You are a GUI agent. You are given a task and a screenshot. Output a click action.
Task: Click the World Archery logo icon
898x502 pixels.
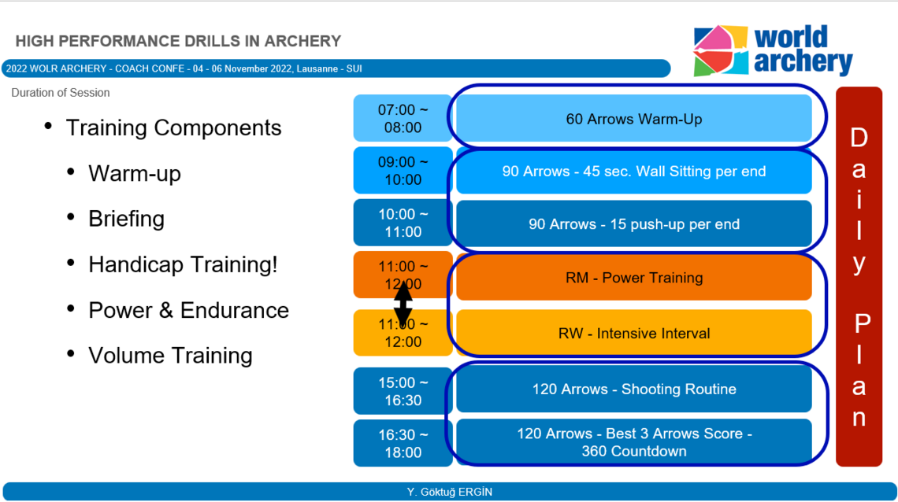click(x=721, y=50)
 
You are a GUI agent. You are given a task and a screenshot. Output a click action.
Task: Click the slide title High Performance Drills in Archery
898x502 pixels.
click(x=178, y=41)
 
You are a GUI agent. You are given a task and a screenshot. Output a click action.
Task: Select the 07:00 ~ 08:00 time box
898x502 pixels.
click(x=403, y=118)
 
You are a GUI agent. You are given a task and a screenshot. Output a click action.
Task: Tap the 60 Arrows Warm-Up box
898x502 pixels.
click(x=634, y=119)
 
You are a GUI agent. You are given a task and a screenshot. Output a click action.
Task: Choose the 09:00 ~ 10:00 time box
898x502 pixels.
click(x=403, y=171)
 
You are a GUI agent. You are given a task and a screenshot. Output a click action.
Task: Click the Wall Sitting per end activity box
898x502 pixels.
click(x=634, y=172)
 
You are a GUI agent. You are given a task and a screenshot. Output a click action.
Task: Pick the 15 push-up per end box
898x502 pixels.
click(x=634, y=223)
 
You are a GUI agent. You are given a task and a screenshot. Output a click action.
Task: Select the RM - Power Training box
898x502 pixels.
click(x=634, y=277)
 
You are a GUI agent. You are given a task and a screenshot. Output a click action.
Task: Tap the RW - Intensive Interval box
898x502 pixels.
click(x=634, y=333)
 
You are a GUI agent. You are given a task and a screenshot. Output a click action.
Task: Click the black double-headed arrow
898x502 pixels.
click(x=403, y=304)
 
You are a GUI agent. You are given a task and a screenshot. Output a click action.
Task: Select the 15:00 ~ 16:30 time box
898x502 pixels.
click(x=403, y=391)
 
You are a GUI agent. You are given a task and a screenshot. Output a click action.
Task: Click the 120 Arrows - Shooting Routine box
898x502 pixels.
click(x=634, y=389)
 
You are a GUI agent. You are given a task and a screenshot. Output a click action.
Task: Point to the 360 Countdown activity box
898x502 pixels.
click(x=634, y=442)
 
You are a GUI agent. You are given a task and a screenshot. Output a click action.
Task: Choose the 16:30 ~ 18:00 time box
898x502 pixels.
click(x=403, y=443)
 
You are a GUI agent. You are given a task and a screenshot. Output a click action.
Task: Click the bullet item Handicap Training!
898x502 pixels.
click(x=183, y=264)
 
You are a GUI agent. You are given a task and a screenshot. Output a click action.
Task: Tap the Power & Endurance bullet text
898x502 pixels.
click(x=188, y=310)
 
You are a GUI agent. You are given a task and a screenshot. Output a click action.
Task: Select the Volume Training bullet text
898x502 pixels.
click(x=170, y=356)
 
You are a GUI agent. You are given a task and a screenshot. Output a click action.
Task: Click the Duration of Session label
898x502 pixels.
click(x=60, y=93)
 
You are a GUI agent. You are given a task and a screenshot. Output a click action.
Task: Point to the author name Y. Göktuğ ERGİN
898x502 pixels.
click(x=450, y=492)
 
